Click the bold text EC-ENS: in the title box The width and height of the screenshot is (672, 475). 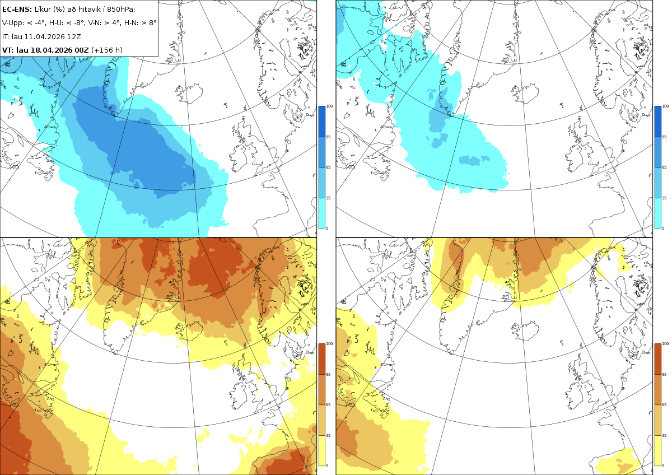pos(17,10)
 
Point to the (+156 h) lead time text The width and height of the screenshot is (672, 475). pos(107,50)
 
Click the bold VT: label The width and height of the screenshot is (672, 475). pos(8,50)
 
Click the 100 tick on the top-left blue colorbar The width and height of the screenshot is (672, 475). pos(329,106)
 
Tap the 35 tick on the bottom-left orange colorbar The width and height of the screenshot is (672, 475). pos(328,435)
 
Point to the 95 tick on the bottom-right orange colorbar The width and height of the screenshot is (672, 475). pos(664,375)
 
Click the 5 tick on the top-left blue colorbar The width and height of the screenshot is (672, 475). pos(327,228)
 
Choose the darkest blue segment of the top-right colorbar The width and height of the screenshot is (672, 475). pos(657,122)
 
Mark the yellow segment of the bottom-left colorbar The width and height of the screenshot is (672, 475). pos(321,450)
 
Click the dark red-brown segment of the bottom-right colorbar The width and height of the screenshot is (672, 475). pos(657,359)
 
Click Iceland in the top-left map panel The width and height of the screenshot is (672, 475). pos(190,92)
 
